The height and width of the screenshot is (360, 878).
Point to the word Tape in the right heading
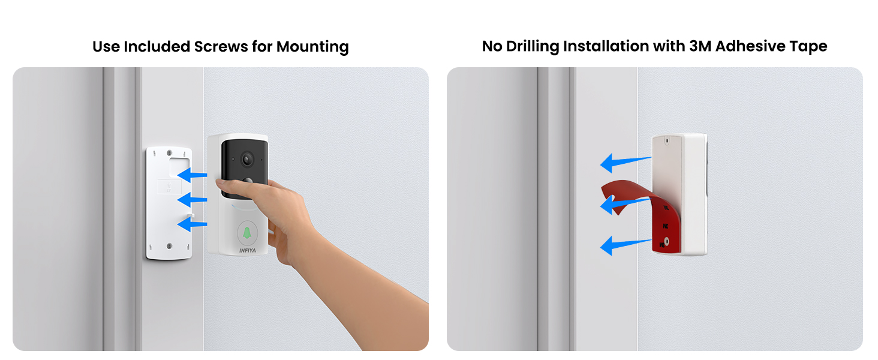click(x=811, y=46)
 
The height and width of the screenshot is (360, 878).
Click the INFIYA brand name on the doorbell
click(x=247, y=250)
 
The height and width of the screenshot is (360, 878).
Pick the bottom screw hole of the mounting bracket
click(x=169, y=245)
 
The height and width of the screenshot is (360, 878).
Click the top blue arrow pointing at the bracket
click(x=192, y=175)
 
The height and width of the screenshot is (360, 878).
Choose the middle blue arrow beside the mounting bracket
click(x=192, y=199)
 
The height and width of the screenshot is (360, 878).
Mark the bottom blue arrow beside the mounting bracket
click(x=192, y=224)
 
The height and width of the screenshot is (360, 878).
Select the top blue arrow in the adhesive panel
click(x=624, y=161)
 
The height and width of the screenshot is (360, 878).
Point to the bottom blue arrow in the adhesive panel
click(x=624, y=244)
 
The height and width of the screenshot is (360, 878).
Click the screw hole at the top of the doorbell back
click(x=667, y=142)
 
